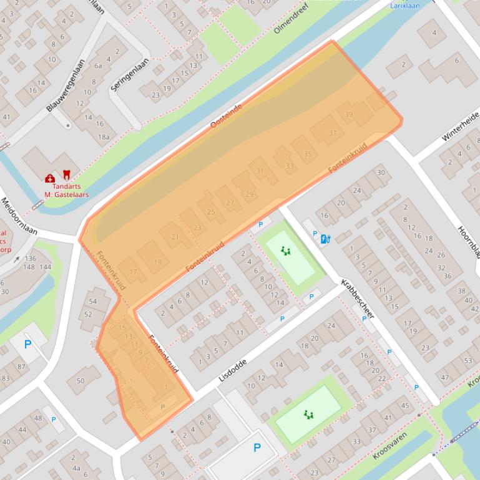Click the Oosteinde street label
coord(226,117)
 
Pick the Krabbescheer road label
coord(357,299)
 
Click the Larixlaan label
coord(404,6)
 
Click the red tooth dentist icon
coord(67,177)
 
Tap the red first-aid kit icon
coord(50,179)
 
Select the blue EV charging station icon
coord(324,238)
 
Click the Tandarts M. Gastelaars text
coord(66,190)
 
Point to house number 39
coord(348,114)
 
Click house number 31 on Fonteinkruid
coord(260,171)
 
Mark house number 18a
coord(103,137)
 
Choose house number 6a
coord(98,65)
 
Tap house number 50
coord(80,381)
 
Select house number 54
coord(93,302)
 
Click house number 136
coord(31,258)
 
